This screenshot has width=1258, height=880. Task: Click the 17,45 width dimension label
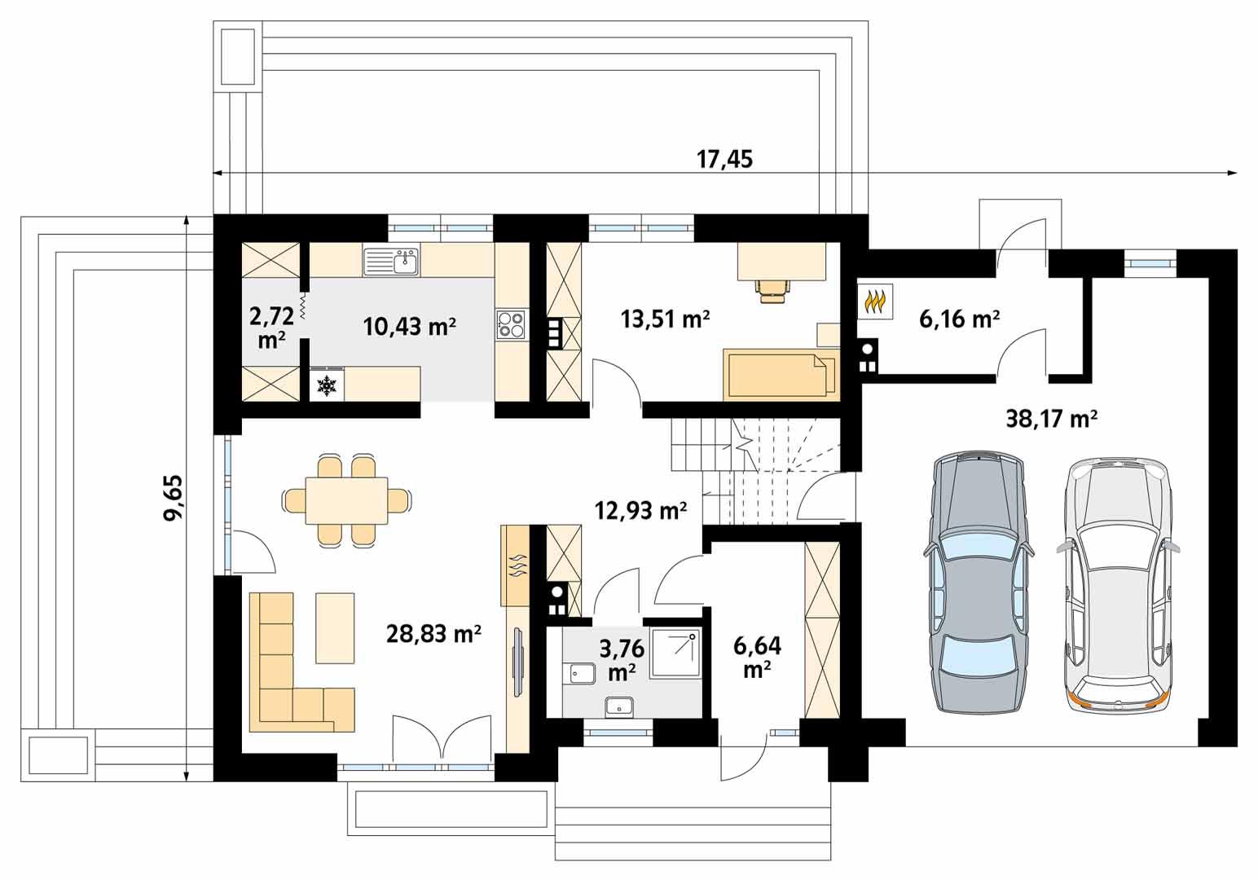[x=724, y=159]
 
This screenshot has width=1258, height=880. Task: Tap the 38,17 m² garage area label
[x=1051, y=419]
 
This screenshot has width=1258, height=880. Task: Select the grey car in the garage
[x=976, y=582]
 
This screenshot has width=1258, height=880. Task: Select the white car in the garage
[x=1116, y=582]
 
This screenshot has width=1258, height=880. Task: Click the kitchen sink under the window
[x=392, y=262]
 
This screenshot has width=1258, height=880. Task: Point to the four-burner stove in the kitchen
[x=512, y=324]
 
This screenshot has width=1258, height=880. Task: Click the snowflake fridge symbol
[x=327, y=385]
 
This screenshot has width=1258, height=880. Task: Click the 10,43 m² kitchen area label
[x=409, y=327]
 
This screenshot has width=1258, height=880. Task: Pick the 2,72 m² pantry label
[x=271, y=327]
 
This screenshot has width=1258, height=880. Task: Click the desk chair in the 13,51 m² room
[x=772, y=289]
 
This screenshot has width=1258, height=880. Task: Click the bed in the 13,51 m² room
[x=780, y=375]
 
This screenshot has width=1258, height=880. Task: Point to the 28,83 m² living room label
[x=433, y=633]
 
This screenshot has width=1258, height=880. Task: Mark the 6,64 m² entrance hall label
[x=757, y=657]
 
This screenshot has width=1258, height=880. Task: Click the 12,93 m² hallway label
[x=640, y=511]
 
